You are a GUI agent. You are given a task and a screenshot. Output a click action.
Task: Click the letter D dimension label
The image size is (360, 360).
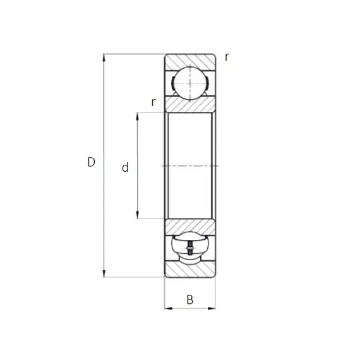point(91,162)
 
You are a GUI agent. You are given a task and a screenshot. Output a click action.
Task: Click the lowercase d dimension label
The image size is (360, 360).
point(125,167)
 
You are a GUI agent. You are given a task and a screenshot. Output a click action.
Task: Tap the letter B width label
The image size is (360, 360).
point(190,299)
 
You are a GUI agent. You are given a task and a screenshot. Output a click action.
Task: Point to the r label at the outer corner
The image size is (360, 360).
point(227,57)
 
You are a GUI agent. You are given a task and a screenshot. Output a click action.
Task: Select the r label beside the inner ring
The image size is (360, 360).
point(153,102)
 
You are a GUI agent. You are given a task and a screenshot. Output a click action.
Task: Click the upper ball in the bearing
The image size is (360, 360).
point(190,83)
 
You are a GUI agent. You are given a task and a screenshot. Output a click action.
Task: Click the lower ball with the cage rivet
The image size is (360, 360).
point(190,248)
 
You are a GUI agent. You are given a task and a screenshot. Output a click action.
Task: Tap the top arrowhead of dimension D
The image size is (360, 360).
point(104,57)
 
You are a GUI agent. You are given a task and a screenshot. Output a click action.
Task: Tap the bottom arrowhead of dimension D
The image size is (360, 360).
point(104,273)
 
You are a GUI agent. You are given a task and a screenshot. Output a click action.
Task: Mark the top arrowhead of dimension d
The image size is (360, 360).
point(137,116)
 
